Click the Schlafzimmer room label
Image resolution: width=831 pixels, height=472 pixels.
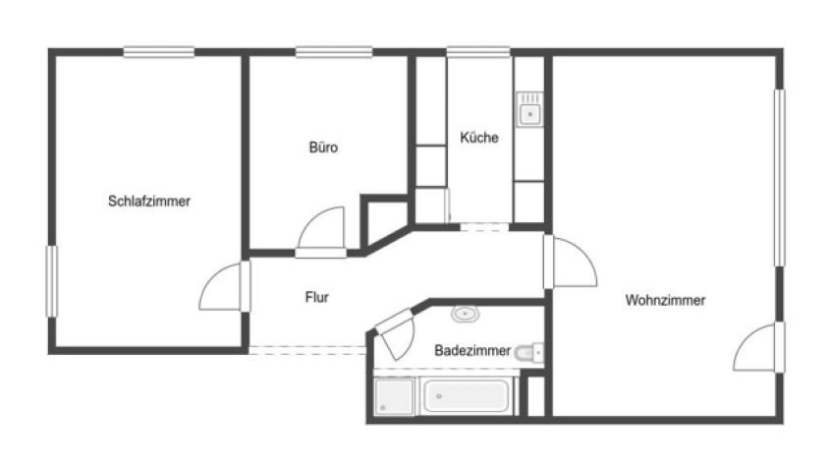149,202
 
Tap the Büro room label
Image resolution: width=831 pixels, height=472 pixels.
323,147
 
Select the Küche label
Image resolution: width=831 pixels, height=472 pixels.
479,138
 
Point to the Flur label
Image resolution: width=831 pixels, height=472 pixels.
317,297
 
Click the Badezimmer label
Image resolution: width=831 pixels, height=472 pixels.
472,350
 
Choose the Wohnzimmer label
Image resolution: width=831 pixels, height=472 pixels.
665,300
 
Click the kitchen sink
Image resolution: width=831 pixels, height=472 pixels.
529,109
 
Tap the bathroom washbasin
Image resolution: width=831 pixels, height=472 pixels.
466,314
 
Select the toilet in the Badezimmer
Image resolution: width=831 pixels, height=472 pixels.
528,352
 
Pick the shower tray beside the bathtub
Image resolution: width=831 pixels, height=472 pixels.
394,396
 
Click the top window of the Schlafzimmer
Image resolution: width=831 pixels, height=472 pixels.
159,52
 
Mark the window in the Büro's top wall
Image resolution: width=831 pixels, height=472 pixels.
334,52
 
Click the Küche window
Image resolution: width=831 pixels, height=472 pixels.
478,52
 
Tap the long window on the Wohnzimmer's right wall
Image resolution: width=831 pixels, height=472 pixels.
779,178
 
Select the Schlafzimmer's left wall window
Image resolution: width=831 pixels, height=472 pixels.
51,281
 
